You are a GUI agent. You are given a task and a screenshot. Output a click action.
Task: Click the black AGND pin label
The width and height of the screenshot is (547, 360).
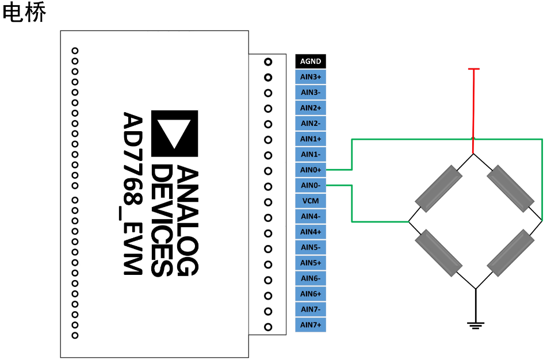[x=311, y=62]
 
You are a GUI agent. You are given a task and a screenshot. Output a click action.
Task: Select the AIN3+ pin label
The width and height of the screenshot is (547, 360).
[x=311, y=77]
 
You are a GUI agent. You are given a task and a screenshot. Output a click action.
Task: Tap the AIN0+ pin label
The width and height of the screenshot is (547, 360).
[x=311, y=170]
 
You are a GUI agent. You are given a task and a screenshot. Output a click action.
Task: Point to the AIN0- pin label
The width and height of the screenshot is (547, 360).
[x=311, y=186]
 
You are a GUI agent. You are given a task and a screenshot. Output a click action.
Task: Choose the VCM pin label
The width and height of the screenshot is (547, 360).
[x=311, y=201]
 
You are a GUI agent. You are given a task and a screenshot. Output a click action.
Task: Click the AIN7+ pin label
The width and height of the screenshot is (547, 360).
[x=311, y=325]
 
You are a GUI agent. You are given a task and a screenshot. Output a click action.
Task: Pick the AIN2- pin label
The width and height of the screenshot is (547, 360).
[x=311, y=124]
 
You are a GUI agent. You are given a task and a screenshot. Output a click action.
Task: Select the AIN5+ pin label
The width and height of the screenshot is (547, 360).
[x=311, y=263]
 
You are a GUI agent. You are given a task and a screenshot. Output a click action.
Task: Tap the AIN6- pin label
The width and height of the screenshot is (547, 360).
[x=311, y=279]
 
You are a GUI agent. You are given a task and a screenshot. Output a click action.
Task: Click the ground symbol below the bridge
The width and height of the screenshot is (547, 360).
[x=475, y=325]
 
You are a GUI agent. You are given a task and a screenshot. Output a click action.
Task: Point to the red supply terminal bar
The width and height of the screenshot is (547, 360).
[x=473, y=70]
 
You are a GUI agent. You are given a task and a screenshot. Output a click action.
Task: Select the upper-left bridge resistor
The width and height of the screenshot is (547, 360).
[x=439, y=188]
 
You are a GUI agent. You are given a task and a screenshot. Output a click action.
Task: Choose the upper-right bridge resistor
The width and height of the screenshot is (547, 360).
[x=510, y=188]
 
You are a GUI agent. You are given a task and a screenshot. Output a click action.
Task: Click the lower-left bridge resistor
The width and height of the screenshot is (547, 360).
[x=439, y=253]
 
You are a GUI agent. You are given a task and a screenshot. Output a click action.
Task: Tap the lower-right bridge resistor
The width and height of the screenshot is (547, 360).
[x=510, y=253]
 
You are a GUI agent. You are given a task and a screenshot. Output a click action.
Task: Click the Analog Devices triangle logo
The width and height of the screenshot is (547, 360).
[x=174, y=133]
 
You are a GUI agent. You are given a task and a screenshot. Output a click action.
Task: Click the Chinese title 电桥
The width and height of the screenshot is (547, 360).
[x=24, y=13]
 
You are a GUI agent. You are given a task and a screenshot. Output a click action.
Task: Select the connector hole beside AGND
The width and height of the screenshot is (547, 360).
[x=268, y=62]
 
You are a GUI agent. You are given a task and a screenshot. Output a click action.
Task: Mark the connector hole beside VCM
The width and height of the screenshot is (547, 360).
[x=268, y=202]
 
